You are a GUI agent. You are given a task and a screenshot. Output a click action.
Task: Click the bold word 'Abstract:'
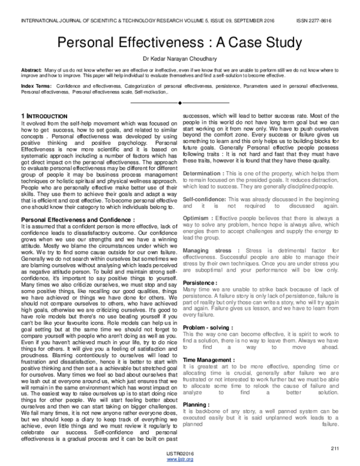point(32,70)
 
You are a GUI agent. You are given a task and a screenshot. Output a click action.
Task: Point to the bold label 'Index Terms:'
point(35,87)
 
